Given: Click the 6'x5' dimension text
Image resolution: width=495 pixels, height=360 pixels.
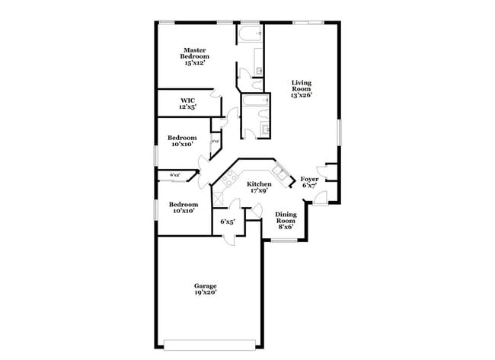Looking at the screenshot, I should tap(227, 221).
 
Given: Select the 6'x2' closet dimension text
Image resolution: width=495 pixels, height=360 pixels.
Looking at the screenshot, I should tap(174, 175).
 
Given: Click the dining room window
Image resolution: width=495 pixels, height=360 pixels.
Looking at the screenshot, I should tap(286, 241).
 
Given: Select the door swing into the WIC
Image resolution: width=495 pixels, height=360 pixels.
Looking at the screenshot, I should tap(217, 94).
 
